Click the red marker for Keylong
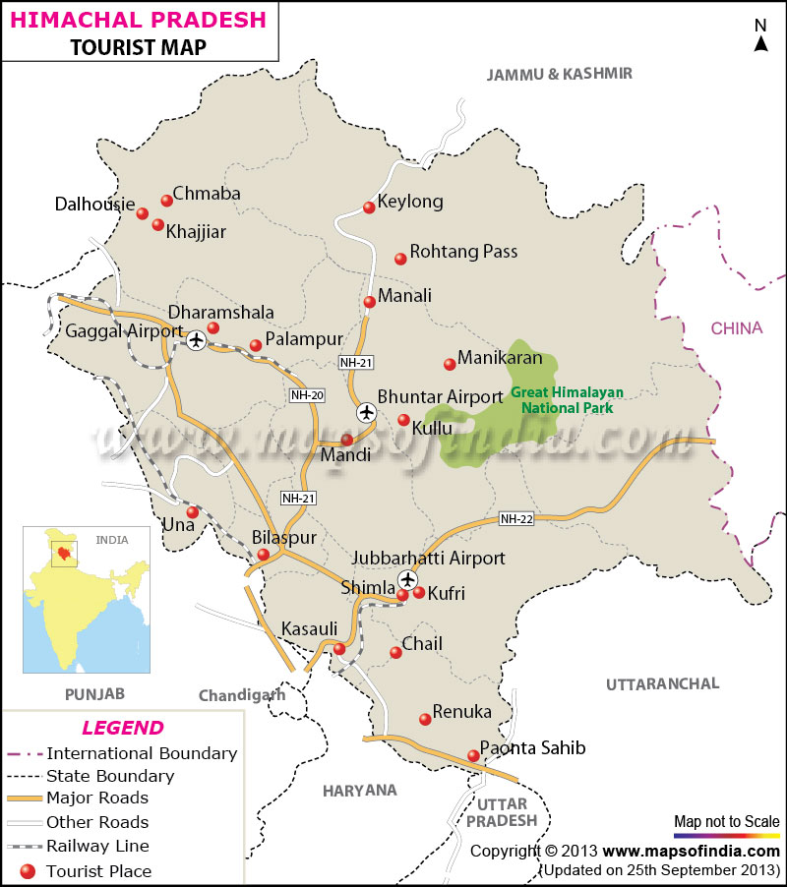369,207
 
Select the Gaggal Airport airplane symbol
196,340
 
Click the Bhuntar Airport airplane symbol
367,412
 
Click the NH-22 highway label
515,519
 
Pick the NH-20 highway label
307,395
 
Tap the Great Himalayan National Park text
566,399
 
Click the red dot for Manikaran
450,365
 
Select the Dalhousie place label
94,205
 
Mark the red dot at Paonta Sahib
473,756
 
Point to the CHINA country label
737,328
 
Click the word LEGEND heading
122,729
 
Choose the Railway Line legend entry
97,846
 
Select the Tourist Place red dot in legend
27,870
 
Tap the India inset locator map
87,600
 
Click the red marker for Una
193,512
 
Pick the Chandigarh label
241,695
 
